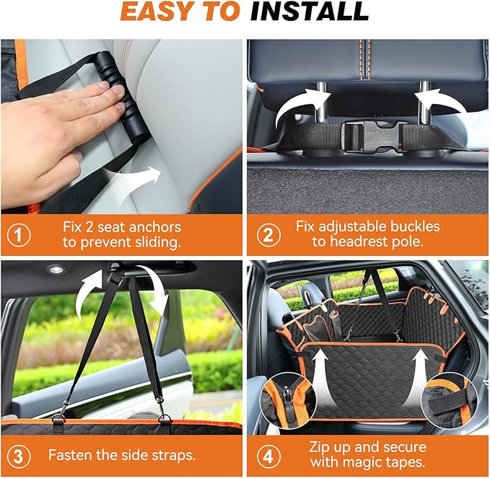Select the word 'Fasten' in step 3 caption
point(71,456)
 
